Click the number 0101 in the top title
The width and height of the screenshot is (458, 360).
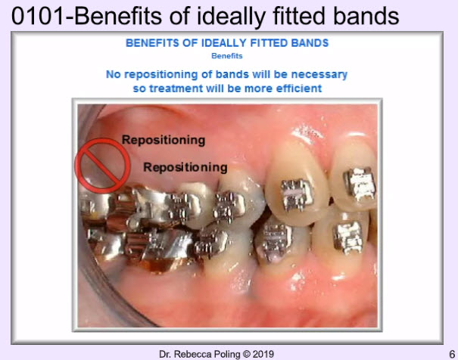[x=38, y=16]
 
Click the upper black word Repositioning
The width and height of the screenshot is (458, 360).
[x=164, y=141]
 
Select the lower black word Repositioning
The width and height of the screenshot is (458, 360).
[x=185, y=168]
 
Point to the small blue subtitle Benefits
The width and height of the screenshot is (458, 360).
[x=227, y=56]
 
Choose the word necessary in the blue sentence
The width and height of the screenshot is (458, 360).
[x=319, y=75]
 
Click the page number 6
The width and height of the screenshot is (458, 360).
[x=452, y=354]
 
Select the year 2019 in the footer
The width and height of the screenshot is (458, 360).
[x=263, y=354]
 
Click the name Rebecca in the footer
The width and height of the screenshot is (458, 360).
[x=194, y=354]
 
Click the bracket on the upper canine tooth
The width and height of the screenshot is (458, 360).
[x=297, y=194]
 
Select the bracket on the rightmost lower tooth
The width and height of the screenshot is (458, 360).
[x=348, y=237]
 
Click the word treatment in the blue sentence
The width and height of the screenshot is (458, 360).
[x=176, y=88]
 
